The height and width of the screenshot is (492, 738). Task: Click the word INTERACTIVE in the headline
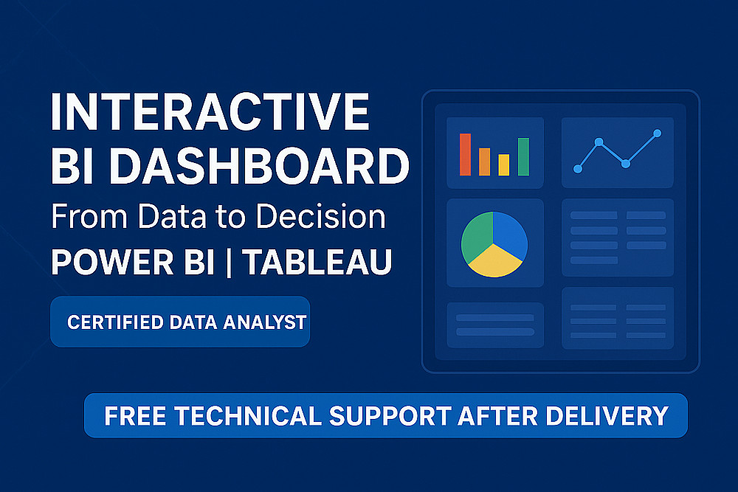click(x=210, y=111)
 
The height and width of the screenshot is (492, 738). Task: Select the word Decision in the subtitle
click(x=320, y=217)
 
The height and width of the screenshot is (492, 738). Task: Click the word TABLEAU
click(x=319, y=262)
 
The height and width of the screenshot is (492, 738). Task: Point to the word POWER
click(x=112, y=262)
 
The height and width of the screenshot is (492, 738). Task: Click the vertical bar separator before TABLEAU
click(x=229, y=262)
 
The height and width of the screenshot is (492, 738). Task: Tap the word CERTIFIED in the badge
click(x=115, y=322)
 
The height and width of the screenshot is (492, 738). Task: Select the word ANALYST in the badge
click(x=264, y=322)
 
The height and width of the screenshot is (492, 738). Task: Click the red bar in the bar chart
click(x=466, y=154)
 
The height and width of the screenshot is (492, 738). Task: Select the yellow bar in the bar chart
click(x=504, y=164)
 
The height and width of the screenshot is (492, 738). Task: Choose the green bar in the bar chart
click(x=523, y=156)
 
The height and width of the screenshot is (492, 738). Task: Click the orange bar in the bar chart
click(x=485, y=162)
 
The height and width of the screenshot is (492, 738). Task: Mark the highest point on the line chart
click(x=658, y=134)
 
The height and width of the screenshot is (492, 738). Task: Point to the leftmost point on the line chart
click(x=578, y=169)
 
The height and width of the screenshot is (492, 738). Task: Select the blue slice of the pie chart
click(x=510, y=234)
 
